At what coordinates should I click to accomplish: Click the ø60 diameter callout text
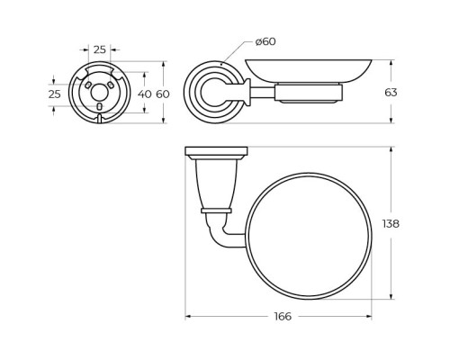(265, 41)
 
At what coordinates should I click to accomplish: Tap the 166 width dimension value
(283, 317)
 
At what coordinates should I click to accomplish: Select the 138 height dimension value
(391, 224)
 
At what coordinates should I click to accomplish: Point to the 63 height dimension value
(391, 93)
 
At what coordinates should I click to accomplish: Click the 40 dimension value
(145, 94)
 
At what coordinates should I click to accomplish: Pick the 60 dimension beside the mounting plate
(163, 94)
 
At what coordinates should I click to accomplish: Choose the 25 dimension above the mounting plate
(100, 49)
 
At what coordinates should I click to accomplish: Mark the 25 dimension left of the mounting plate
(55, 94)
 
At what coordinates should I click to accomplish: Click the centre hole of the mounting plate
(99, 93)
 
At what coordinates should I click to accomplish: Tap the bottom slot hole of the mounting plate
(100, 106)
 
